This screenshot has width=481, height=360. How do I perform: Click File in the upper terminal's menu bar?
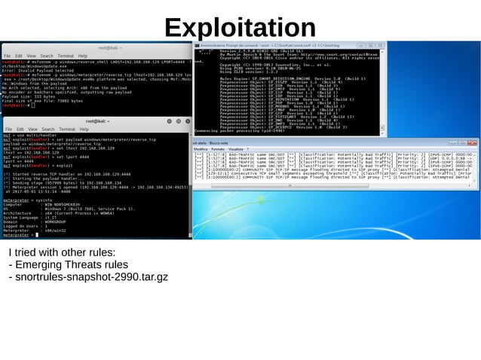point(7,56)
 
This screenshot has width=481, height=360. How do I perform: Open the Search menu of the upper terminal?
point(46,56)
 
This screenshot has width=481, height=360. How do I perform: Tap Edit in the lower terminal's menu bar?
point(19,129)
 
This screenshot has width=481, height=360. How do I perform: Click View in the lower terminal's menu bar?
point(31,129)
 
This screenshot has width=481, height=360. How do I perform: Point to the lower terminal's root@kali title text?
point(99,121)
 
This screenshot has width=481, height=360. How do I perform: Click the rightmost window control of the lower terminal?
point(185,121)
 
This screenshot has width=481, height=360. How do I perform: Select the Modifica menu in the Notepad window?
point(201,149)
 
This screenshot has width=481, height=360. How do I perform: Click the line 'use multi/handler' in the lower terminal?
point(30,135)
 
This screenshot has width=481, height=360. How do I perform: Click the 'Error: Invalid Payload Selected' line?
point(38,69)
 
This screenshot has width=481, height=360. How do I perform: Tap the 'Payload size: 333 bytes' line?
point(30,96)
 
